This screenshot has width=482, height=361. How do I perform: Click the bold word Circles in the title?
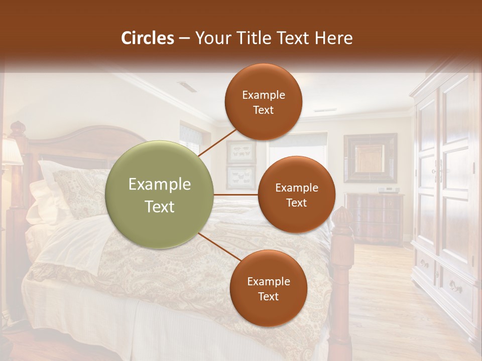pyautogui.click(x=147, y=38)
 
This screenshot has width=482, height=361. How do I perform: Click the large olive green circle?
pyautogui.click(x=160, y=195)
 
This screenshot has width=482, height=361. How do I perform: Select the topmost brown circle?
pyautogui.click(x=263, y=102)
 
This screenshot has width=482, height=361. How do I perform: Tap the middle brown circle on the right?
pyautogui.click(x=296, y=195)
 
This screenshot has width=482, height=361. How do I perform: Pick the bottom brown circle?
pyautogui.click(x=268, y=288)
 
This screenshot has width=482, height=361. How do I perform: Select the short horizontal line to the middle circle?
pyautogui.click(x=236, y=195)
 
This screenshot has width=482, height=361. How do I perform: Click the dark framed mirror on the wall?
pyautogui.click(x=370, y=158)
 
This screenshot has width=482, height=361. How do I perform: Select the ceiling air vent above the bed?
pyautogui.click(x=188, y=87)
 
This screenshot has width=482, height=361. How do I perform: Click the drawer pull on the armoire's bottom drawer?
pyautogui.click(x=456, y=288)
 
